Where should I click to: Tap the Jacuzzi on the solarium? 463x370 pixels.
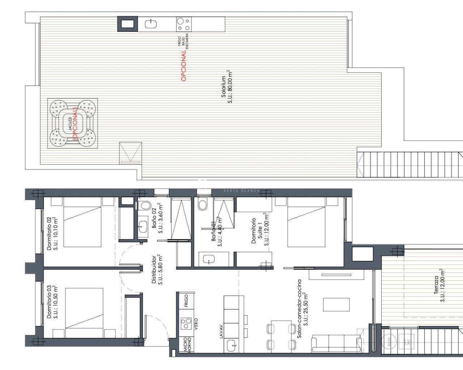coord(73,123)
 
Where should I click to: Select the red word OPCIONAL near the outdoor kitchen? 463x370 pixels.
coord(183,65)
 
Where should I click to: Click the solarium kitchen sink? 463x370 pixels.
coord(150,24)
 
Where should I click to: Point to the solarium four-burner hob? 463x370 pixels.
coord(183,24)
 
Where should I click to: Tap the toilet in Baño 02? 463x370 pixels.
coord(143,206)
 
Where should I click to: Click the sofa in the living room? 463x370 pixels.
coord(336,343)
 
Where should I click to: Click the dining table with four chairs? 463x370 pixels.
coord(281,334)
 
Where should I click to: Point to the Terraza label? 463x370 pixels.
coord(439,285)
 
